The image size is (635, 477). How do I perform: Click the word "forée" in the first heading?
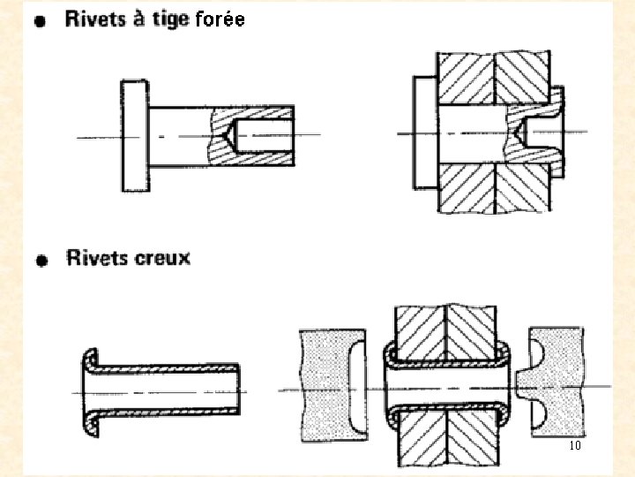[217, 19]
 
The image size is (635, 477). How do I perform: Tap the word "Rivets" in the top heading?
[94, 19]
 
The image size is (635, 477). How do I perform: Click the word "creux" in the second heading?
[162, 258]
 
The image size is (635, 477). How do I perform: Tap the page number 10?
[575, 445]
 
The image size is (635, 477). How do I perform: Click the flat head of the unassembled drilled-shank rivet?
[133, 134]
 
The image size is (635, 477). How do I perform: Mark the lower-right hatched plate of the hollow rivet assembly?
[473, 442]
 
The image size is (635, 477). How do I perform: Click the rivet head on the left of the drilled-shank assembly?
[423, 131]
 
